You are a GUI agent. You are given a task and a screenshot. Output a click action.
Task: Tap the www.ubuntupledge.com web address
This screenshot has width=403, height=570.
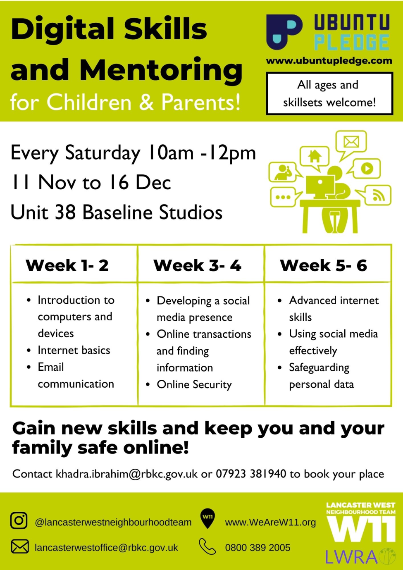tap(329, 61)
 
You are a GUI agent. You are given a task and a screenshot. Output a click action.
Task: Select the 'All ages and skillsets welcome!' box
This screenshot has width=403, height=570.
tap(329, 93)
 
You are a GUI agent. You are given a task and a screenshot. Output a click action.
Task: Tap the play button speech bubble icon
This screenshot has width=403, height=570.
tap(365, 169)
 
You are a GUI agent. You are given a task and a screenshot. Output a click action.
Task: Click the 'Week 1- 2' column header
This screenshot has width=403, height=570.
tap(67, 265)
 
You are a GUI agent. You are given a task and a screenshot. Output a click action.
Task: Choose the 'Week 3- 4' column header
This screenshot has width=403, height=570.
tap(197, 265)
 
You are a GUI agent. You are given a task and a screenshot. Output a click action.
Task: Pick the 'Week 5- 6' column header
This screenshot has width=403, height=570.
tap(323, 265)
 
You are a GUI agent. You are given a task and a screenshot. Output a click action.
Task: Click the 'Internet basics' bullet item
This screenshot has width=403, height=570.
tap(74, 350)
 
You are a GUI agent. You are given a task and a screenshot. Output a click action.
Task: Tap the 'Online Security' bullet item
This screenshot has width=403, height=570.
tap(194, 384)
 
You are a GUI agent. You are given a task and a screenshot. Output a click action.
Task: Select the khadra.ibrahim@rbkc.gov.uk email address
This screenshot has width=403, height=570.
tap(126, 474)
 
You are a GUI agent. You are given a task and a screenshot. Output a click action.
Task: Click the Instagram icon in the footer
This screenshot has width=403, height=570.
tap(19, 520)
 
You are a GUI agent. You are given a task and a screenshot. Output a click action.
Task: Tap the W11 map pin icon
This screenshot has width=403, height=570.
tap(207, 519)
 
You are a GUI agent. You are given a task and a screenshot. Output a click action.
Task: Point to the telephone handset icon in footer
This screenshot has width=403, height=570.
tap(207, 546)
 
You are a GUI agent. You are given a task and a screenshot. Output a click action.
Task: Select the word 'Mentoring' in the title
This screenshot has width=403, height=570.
tap(161, 70)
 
